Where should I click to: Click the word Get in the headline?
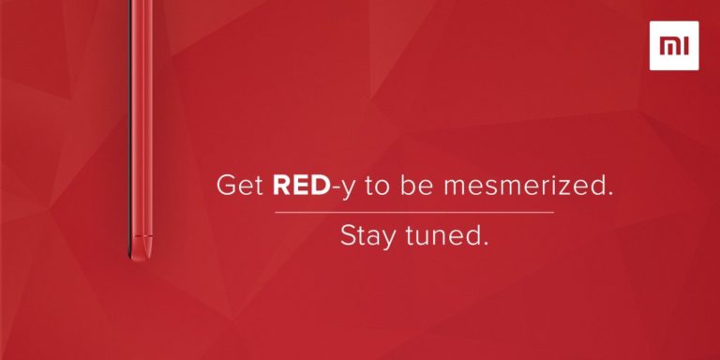tap(240, 186)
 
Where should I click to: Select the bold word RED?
tap(301, 186)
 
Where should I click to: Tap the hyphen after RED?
tap(334, 188)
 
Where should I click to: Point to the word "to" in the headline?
tap(377, 187)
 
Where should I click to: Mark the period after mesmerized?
tap(609, 193)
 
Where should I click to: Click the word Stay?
tap(369, 236)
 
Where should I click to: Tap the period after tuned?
tap(485, 243)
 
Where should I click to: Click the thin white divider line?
tap(414, 213)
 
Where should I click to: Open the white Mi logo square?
tap(674, 45)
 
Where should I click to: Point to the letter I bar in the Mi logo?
tap(686, 46)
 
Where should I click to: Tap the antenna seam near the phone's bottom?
tap(142, 236)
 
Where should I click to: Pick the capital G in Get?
tap(225, 186)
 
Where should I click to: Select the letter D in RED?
tap(320, 186)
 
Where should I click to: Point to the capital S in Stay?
tap(348, 235)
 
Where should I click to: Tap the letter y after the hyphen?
tap(347, 189)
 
